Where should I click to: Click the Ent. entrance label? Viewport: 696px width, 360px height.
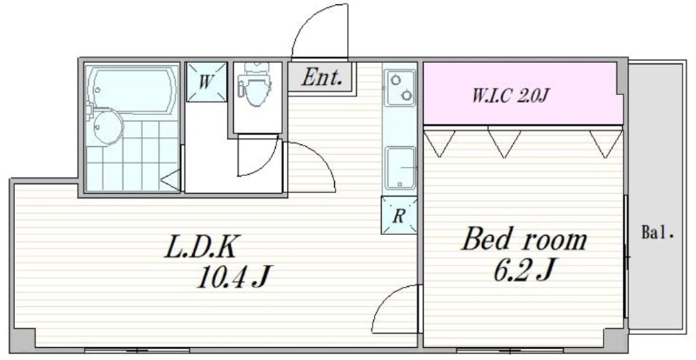coord(322,77)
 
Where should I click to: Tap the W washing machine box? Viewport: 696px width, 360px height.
coord(206,82)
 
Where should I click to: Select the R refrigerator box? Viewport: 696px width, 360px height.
coord(398,215)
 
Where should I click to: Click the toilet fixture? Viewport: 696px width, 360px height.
coord(254,84)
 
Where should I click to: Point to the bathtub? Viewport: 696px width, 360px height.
coord(132,91)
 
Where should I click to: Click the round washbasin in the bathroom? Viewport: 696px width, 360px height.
coord(107,128)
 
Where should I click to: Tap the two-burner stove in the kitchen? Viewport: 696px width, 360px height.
coord(399,88)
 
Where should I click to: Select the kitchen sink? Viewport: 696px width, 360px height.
coord(400,169)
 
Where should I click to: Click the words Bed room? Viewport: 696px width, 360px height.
coord(525,240)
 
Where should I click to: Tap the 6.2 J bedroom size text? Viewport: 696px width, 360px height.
coord(525,270)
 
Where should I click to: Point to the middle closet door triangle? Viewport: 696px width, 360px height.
coord(504,142)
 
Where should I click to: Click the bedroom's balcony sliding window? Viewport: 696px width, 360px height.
coord(626,257)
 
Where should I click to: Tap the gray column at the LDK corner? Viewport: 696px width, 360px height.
coord(23,339)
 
